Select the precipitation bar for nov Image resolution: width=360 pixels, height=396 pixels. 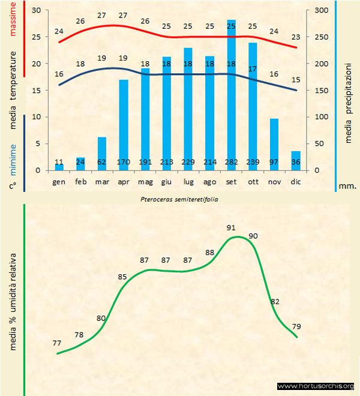point(274,144)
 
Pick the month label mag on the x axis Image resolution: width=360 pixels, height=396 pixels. point(145,181)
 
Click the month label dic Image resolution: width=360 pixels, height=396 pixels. point(296,181)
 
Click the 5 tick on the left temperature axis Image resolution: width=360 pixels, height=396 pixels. point(37,143)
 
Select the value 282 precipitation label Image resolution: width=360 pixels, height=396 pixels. point(231,163)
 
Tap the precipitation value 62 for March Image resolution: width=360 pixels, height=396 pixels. point(102,163)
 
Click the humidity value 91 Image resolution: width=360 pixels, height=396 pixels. point(231,227)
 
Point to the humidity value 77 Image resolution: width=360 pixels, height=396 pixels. point(57,343)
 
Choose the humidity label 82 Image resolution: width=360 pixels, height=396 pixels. point(275,301)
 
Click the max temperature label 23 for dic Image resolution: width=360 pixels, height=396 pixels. point(296,37)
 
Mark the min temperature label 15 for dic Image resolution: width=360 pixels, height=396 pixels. point(296,80)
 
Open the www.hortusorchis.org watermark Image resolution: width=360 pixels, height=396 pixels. point(316,386)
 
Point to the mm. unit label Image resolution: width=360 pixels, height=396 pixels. point(347,186)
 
